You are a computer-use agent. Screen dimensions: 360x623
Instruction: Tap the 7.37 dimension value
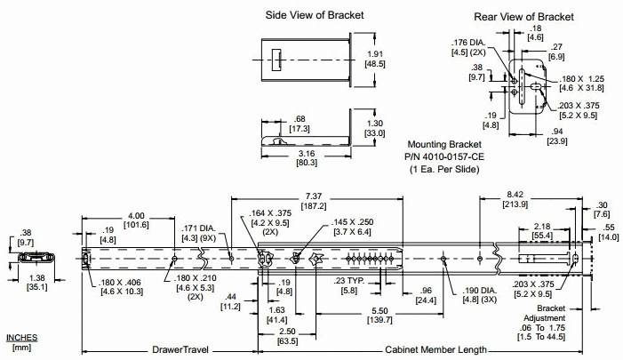313,195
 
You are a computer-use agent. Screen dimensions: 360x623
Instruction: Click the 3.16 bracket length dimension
308,152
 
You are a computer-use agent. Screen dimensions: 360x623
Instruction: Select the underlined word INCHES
22,338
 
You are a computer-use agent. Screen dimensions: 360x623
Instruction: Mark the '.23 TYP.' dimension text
348,282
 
